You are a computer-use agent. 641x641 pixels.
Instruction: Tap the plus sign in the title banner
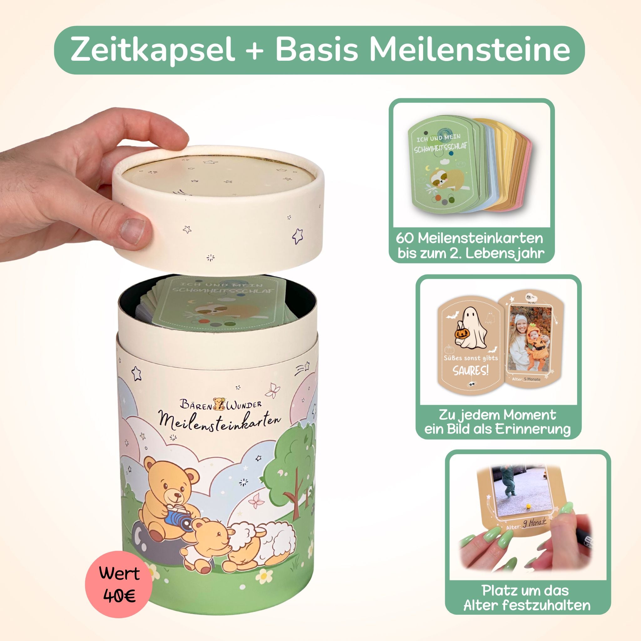coord(254,50)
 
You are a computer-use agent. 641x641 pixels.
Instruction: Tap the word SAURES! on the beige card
coord(471,371)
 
